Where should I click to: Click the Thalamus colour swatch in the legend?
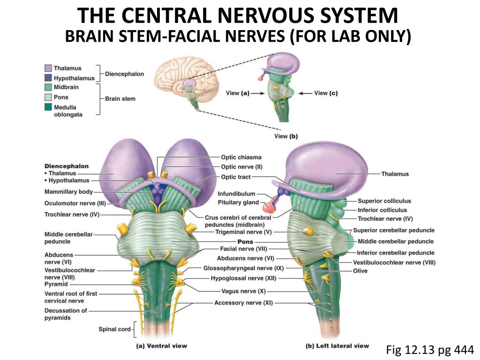[48, 68]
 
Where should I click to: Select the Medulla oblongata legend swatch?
[48, 107]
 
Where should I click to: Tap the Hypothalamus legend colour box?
[48, 78]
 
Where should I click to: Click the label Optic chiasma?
[241, 157]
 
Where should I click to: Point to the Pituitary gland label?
[238, 202]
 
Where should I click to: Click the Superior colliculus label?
[384, 201]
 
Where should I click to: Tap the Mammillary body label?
[68, 192]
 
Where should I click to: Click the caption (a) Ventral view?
[161, 346]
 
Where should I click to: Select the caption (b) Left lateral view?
[337, 346]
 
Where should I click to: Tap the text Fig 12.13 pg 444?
[430, 349]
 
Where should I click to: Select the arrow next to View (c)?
[306, 93]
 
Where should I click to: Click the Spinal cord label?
[114, 329]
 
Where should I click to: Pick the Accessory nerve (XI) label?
[243, 303]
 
